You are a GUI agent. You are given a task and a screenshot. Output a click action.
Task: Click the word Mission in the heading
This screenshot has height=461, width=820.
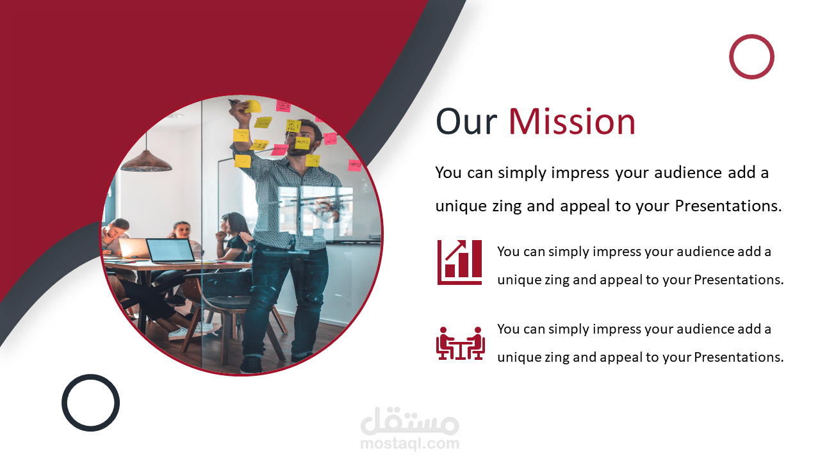coord(572,122)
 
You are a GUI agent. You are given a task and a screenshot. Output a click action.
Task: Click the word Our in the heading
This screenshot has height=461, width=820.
coord(466,122)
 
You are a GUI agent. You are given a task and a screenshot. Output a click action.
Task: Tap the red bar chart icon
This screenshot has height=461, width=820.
coord(459,262)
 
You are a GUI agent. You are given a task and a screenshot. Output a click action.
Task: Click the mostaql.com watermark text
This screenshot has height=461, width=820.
coord(409,444)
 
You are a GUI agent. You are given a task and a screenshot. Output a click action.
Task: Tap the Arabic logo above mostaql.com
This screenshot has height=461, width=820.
coord(409,421)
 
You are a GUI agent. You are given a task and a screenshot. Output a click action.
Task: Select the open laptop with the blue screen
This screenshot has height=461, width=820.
coord(170,251)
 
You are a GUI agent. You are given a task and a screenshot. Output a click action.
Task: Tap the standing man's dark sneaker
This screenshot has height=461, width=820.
coord(252,364)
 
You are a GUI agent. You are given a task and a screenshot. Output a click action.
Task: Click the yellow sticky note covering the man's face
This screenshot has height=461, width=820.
coord(302,143)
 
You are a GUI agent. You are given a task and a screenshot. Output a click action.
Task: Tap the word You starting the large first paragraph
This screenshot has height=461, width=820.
coord(448,173)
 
